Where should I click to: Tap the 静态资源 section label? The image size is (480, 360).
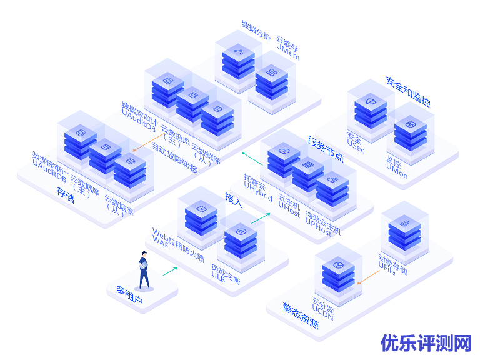(300, 316)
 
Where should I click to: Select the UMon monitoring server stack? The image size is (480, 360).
(410, 132)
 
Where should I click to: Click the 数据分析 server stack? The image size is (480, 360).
(238, 59)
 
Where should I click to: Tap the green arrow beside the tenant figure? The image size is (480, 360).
(170, 271)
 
